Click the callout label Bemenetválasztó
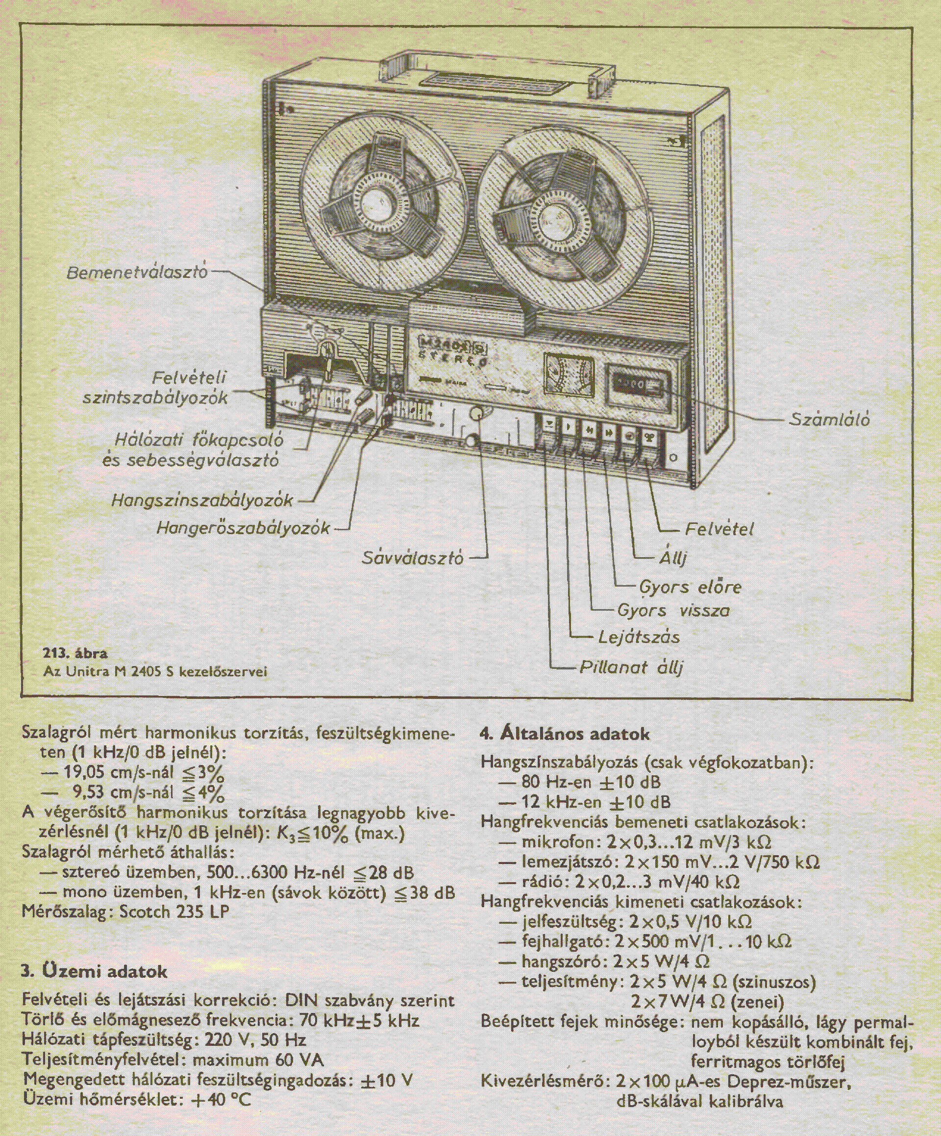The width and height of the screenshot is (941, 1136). pyautogui.click(x=137, y=272)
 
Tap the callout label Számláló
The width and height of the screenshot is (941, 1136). pyautogui.click(x=830, y=419)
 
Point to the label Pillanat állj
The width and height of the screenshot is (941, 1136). pyautogui.click(x=631, y=667)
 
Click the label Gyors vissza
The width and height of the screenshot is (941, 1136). pyautogui.click(x=673, y=610)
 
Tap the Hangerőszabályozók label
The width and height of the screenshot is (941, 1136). pyautogui.click(x=243, y=527)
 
